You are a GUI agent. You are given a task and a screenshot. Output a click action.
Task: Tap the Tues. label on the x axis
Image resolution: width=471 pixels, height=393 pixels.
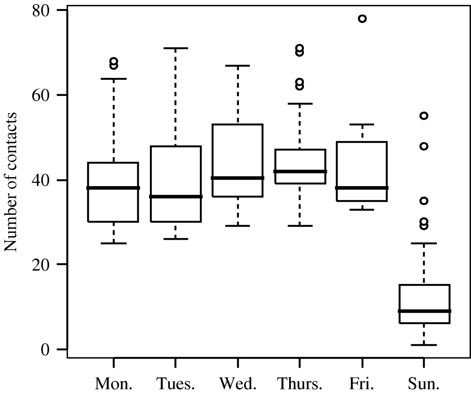(x=175, y=383)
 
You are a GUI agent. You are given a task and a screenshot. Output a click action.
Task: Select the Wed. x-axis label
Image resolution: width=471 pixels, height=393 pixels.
(x=238, y=383)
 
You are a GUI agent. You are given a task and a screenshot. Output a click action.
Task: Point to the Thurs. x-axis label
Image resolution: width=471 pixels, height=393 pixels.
(x=299, y=383)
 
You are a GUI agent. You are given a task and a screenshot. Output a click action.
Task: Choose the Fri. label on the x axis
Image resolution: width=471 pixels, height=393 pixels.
(x=362, y=383)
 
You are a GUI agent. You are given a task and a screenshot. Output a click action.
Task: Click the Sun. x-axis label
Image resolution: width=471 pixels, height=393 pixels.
(x=424, y=383)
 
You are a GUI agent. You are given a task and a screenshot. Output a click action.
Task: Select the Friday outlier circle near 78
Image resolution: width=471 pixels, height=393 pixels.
(x=362, y=18)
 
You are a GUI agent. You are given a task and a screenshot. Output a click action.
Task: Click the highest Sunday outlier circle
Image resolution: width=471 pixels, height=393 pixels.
(x=424, y=116)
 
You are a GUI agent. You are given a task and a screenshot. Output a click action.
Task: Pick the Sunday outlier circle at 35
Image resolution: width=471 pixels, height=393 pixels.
(x=424, y=200)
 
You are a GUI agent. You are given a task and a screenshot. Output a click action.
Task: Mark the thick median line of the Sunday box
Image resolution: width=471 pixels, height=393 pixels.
(x=424, y=311)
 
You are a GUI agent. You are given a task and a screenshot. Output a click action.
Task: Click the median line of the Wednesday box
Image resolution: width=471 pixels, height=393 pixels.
(x=238, y=178)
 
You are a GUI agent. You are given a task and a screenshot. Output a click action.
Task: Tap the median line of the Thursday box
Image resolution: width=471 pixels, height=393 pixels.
(x=300, y=171)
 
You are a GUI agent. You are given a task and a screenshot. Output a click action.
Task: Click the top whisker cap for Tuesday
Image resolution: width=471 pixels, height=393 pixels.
(x=175, y=48)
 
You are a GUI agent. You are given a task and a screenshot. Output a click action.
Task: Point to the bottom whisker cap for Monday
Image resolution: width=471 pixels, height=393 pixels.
(x=113, y=243)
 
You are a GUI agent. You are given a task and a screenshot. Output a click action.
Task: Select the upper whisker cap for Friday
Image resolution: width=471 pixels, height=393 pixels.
(x=362, y=124)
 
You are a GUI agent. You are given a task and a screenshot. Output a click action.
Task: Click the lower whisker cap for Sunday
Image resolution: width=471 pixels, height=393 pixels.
(x=424, y=345)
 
